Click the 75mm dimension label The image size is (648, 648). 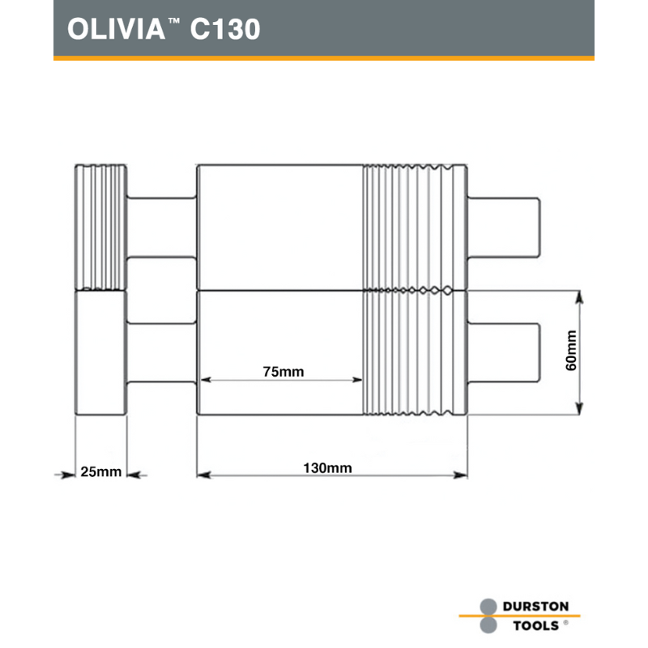point(283,372)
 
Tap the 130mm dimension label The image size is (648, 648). point(328,468)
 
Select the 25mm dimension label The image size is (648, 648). point(100,471)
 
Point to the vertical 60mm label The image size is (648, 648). point(571,351)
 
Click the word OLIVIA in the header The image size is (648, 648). point(116,29)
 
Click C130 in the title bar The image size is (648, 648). point(225,29)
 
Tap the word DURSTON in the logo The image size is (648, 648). point(535,606)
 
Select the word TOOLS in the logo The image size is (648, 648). point(536,625)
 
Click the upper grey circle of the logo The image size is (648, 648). point(488,607)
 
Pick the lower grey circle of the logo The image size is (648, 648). point(488,625)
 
